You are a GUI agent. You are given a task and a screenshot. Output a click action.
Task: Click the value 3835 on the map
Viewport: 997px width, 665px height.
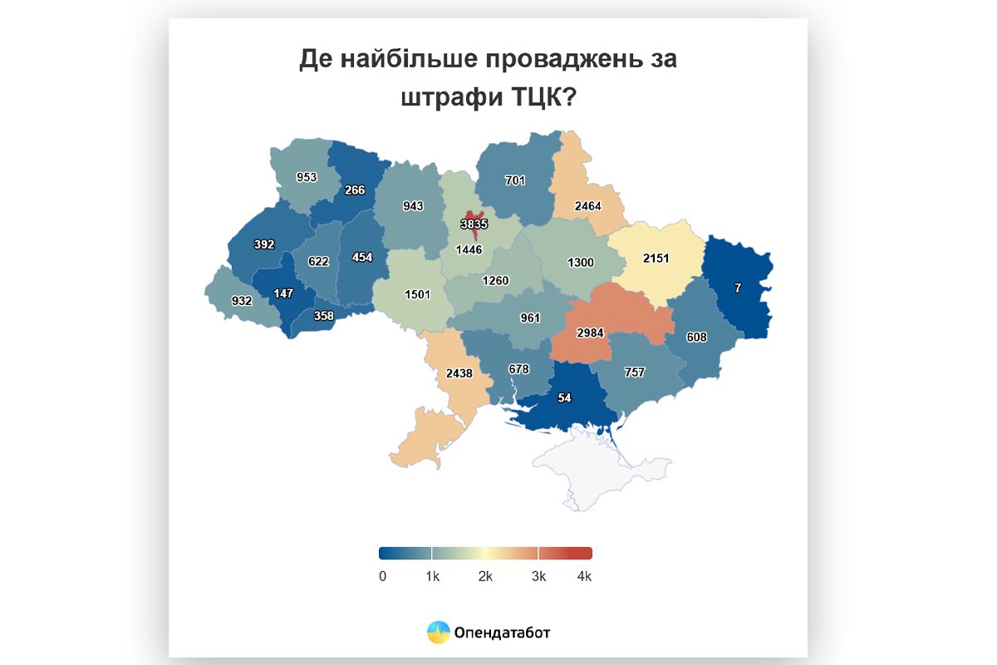point(474,224)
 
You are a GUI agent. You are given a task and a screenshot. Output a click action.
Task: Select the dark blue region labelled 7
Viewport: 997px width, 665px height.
point(737,288)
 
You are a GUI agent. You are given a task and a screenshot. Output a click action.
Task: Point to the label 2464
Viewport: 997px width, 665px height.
point(587,206)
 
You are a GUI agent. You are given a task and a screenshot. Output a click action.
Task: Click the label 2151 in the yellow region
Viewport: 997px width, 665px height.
point(656,259)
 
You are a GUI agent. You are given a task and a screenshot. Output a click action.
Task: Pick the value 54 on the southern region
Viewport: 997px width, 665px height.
point(564,398)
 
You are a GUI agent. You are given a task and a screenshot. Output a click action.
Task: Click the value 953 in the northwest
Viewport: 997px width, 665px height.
point(307,177)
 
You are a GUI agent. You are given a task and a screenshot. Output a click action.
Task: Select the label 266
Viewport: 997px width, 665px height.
point(355,190)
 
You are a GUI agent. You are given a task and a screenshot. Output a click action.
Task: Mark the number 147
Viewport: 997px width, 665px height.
point(283,293)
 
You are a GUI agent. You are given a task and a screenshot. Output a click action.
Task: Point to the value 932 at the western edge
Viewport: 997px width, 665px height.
point(242,301)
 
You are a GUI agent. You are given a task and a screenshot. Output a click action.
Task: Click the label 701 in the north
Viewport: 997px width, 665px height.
point(515,180)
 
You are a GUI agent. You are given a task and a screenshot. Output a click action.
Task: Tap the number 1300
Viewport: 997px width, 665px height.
point(581,263)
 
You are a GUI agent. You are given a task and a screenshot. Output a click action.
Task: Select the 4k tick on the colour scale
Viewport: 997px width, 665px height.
point(584,576)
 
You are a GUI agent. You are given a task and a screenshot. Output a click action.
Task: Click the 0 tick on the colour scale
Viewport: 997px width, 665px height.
point(382,576)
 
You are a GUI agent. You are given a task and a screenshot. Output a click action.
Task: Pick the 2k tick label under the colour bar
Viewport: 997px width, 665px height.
point(486,576)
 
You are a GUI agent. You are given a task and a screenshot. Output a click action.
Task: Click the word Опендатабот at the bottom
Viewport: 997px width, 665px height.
point(502,633)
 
